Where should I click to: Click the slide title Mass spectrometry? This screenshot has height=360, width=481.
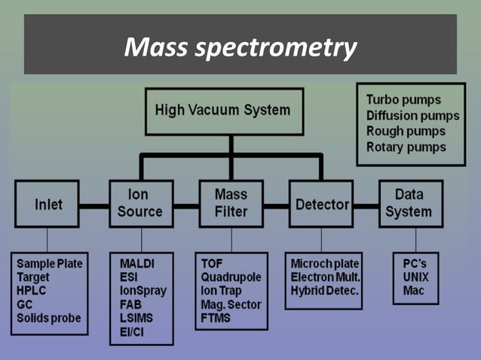[x=240, y=48]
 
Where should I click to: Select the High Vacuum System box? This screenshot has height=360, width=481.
[x=222, y=111]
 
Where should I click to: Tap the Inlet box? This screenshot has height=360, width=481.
[x=47, y=205]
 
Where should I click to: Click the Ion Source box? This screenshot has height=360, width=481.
[x=139, y=203]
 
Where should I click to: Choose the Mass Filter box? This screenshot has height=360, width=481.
[x=231, y=203]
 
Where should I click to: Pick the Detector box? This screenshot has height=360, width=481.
[x=322, y=204]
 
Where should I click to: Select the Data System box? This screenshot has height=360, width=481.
[x=411, y=203]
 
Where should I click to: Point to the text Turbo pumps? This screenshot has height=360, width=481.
[x=403, y=99]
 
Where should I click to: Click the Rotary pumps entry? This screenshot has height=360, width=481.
[x=406, y=147]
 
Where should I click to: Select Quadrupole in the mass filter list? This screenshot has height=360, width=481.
[x=231, y=277]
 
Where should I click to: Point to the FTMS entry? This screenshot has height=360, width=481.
[x=217, y=318]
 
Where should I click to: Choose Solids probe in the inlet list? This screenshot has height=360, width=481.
[x=49, y=318]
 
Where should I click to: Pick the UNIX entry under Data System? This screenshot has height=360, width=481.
[x=415, y=277]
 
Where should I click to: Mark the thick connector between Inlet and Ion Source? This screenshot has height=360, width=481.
[x=95, y=205]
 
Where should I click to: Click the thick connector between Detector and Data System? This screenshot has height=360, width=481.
[x=366, y=205]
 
